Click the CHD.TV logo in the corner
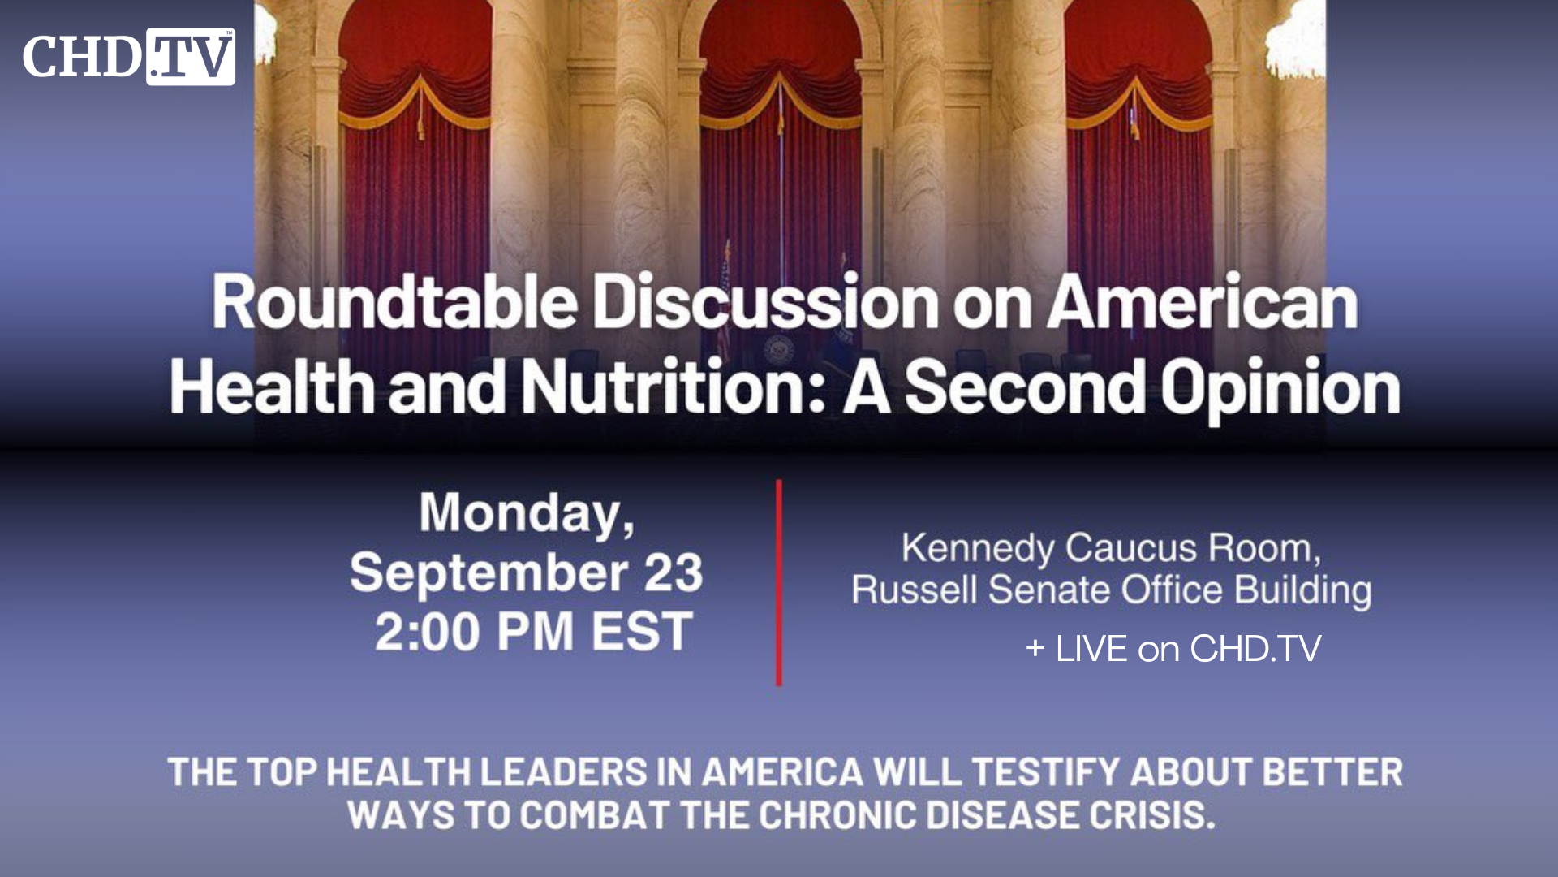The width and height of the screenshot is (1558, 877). tap(129, 56)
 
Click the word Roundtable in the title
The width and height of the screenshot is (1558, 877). tap(394, 302)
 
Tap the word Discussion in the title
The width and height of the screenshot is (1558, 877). tap(765, 302)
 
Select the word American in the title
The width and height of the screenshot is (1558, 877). tap(1202, 302)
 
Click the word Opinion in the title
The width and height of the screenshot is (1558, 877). tap(1280, 388)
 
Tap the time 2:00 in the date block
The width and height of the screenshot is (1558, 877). tap(428, 632)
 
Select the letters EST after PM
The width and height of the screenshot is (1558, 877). tap(642, 632)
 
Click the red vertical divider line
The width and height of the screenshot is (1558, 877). tap(779, 582)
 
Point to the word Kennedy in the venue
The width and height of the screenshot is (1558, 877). tap(977, 548)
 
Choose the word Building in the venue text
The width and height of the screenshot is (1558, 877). tap(1302, 590)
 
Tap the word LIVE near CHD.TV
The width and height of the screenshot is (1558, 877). tap(1091, 649)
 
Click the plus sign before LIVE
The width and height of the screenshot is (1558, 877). tap(1035, 649)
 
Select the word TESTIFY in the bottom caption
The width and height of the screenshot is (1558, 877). tap(1047, 772)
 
